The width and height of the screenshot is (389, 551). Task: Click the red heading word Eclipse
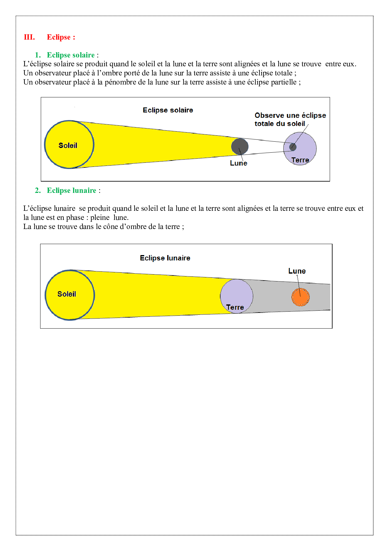tap(59, 37)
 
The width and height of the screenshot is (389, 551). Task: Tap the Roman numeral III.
tap(29, 37)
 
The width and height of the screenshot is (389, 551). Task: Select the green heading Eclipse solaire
tap(71, 55)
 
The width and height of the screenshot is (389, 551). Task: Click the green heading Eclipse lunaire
tap(72, 190)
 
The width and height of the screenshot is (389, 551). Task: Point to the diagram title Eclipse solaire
tap(168, 110)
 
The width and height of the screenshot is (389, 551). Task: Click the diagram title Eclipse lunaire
tap(165, 258)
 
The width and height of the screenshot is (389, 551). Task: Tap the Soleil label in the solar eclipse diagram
tap(68, 145)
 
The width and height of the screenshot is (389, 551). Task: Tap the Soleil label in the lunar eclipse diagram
tap(67, 294)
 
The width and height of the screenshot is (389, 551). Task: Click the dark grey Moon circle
tap(240, 146)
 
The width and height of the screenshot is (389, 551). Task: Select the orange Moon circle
tap(301, 297)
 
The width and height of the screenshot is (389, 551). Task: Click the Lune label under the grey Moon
tap(238, 163)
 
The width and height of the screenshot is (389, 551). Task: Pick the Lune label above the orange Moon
tap(297, 271)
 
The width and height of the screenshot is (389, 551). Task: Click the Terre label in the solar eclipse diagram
tap(300, 160)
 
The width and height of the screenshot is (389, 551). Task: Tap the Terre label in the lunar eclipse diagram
tap(235, 307)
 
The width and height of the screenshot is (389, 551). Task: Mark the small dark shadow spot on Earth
tap(293, 147)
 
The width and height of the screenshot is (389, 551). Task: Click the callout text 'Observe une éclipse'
tap(290, 115)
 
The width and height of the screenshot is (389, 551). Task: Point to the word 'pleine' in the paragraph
tap(100, 217)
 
